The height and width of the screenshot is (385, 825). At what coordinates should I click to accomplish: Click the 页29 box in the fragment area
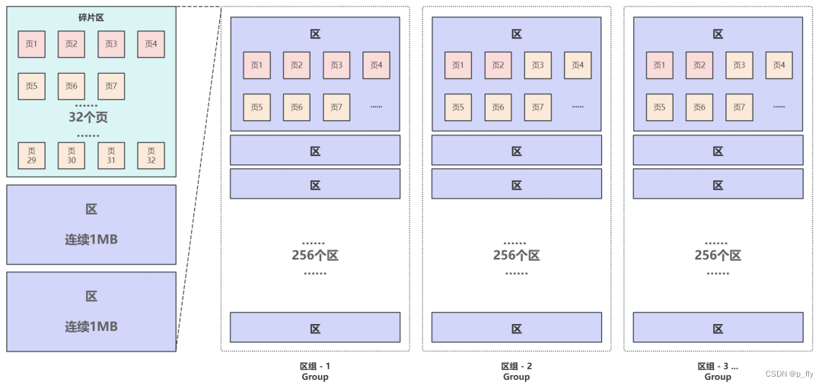pos(31,155)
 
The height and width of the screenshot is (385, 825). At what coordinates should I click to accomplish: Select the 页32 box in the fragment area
pos(151,155)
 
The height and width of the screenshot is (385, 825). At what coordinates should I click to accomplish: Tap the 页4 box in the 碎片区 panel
pos(151,44)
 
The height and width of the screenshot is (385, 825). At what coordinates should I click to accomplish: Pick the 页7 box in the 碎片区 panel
pos(111,86)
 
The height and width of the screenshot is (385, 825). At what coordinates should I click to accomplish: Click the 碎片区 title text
pos(91,17)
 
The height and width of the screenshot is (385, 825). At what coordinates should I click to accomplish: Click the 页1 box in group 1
pos(256,65)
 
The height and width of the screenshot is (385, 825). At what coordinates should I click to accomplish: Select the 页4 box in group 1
pos(376,65)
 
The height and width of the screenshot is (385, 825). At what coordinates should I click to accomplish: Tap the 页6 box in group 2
pos(498,107)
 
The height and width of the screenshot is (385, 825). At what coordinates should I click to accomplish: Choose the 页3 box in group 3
pos(739,65)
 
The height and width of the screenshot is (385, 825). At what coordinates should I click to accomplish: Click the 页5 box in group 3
pos(659,107)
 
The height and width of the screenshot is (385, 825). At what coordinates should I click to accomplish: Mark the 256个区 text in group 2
pos(516,256)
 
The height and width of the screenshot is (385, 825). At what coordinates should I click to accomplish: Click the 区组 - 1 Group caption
pos(315,371)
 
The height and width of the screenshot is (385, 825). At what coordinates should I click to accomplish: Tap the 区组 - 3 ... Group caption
pos(718,371)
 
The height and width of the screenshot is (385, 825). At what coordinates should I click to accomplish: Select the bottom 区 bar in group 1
pos(315,328)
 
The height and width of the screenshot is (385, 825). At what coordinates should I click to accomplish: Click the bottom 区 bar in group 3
pos(718,328)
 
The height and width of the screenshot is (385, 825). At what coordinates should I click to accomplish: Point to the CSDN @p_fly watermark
pos(789,374)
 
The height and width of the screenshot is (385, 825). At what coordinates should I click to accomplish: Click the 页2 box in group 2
pos(498,65)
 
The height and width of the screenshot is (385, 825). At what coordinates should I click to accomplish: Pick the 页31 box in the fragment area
pos(111,155)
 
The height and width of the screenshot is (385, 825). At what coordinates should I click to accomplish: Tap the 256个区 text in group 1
pos(315,256)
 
